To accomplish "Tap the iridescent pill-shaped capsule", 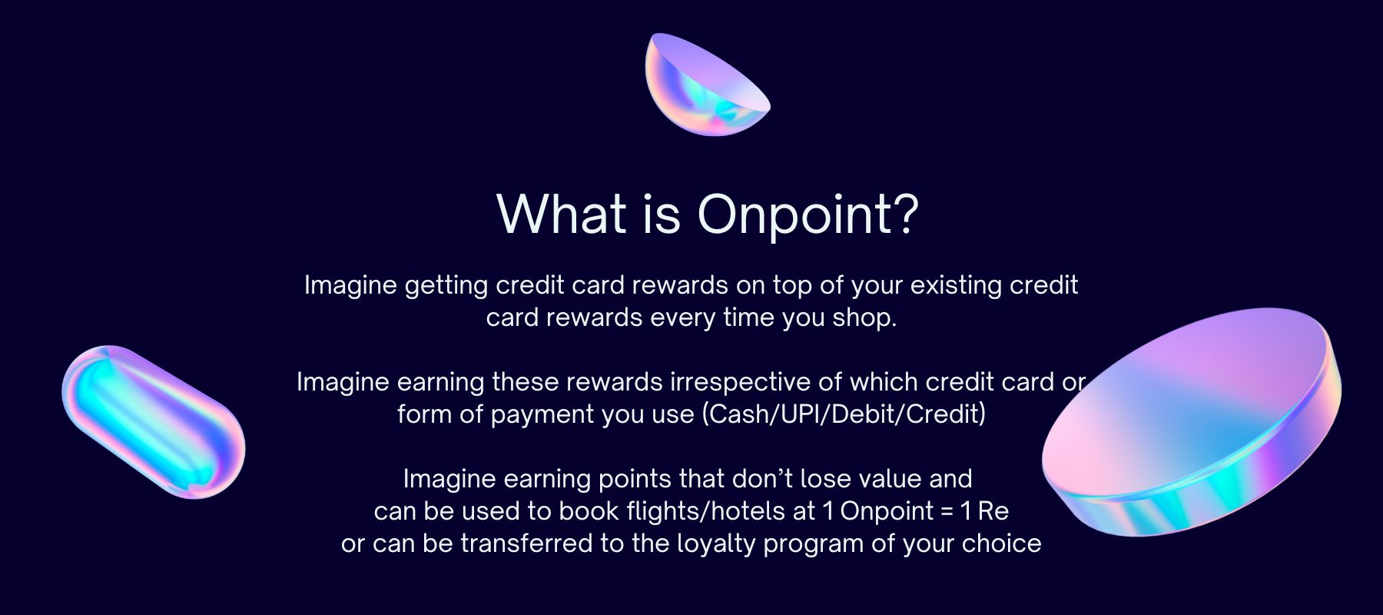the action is click(x=153, y=421).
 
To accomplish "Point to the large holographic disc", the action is click(x=1192, y=422).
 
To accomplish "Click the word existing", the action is click(x=956, y=286).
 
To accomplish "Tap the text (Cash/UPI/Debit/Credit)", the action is click(x=844, y=414).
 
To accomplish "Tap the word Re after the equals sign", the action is click(x=993, y=511).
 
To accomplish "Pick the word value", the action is click(x=890, y=479).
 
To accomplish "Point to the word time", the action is click(x=746, y=318).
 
